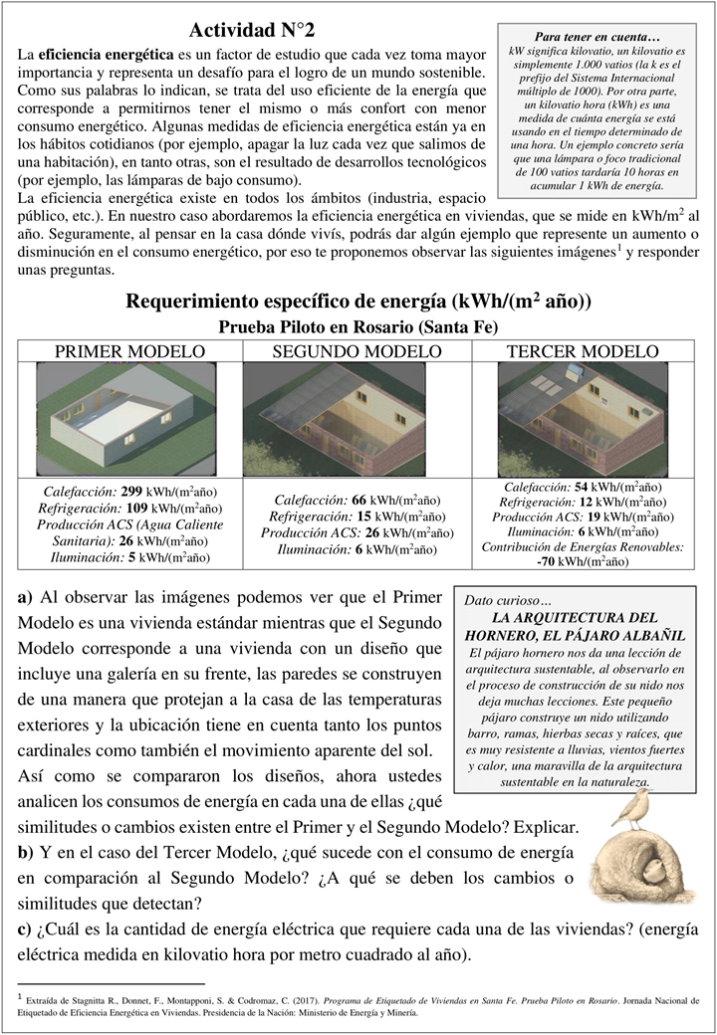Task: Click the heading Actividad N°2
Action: coord(253,29)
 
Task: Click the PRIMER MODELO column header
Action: coord(129,351)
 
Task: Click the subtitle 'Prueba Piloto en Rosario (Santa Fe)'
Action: coord(357,326)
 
